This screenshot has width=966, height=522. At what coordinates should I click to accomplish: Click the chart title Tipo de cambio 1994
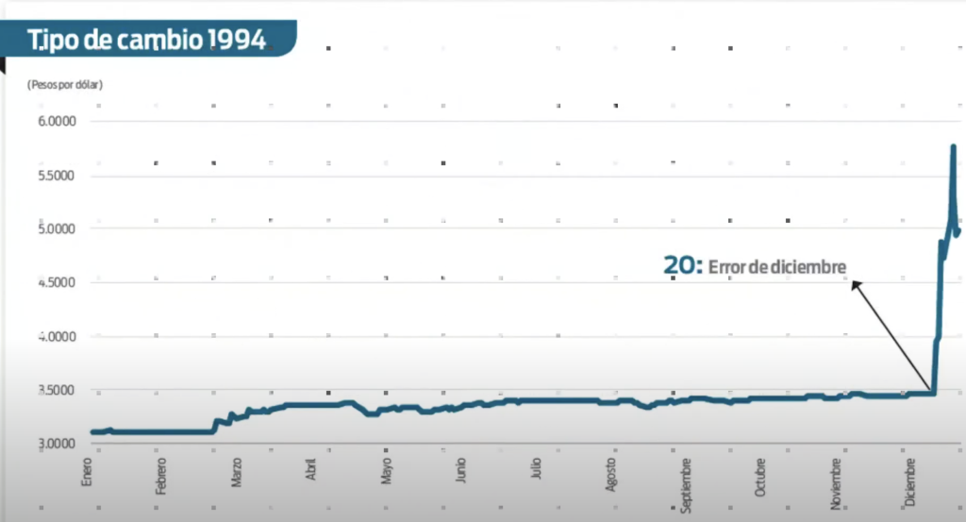tap(145, 41)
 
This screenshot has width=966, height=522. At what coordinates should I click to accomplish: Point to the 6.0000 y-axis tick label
tap(57, 122)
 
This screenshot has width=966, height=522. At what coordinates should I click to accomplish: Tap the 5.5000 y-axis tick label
tap(57, 176)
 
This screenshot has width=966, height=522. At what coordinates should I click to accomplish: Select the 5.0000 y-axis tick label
tap(57, 229)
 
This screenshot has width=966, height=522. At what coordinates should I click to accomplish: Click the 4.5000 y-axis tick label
tap(57, 282)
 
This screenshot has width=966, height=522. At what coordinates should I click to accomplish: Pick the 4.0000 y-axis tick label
tap(57, 336)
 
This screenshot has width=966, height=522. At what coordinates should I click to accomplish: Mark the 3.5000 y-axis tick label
tap(57, 390)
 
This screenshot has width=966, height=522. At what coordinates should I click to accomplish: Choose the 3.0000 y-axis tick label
tap(57, 444)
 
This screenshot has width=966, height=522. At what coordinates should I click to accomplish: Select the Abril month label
tap(311, 470)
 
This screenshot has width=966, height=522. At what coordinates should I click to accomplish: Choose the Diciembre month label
tap(912, 480)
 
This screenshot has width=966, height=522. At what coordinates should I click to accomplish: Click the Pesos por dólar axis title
tap(65, 85)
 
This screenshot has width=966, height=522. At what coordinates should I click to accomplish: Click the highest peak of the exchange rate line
tap(953, 147)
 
